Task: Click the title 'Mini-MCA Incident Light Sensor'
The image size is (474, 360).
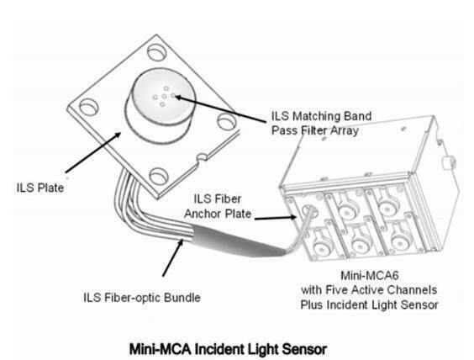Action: tap(229, 349)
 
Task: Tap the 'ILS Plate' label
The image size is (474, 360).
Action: tap(40, 188)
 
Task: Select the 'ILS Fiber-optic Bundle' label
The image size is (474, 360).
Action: tap(142, 298)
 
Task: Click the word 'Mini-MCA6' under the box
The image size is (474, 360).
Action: tap(370, 276)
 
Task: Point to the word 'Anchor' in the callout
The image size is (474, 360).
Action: tap(203, 214)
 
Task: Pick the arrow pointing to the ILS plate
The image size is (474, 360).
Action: tap(93, 152)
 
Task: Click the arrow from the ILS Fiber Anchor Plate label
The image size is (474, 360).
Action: tap(276, 218)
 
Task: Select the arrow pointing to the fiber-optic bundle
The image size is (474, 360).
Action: tap(173, 257)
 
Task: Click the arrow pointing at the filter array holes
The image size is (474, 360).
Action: tap(221, 109)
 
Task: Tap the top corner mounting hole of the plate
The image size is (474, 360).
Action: tap(157, 52)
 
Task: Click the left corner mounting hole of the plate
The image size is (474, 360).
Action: tap(88, 108)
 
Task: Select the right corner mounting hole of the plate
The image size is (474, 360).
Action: tap(227, 122)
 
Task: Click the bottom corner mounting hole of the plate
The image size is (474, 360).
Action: tap(158, 177)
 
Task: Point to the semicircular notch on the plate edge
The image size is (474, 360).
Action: tap(202, 157)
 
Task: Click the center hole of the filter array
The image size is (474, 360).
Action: tap(164, 97)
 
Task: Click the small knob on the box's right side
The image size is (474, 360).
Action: tap(448, 162)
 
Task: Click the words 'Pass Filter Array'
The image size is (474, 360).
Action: tap(315, 130)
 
